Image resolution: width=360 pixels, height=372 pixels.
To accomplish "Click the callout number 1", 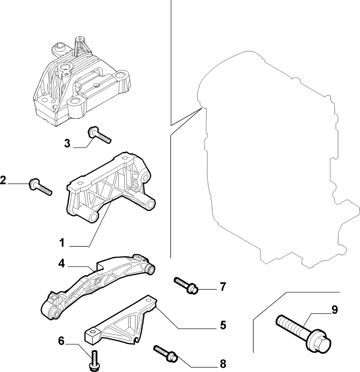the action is pos(62,243).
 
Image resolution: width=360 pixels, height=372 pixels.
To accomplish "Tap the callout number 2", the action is pos(3,181).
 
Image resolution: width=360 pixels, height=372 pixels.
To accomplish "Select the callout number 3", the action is pos(67,143).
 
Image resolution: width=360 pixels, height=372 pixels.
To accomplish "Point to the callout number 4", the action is pos(62,263).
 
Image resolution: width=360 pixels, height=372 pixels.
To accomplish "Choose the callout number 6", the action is pos(61,341).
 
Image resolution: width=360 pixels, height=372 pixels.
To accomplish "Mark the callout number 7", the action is pos(223,287).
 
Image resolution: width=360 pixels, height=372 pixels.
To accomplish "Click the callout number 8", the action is pos(223,363).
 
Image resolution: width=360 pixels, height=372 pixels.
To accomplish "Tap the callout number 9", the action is pos(334,310).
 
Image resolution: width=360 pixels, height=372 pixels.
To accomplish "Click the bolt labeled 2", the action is pos(40,187).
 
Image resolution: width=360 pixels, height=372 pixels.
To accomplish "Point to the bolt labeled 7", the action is pos(186,286).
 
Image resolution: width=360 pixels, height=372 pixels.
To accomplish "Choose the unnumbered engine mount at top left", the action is pos(82,82).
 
